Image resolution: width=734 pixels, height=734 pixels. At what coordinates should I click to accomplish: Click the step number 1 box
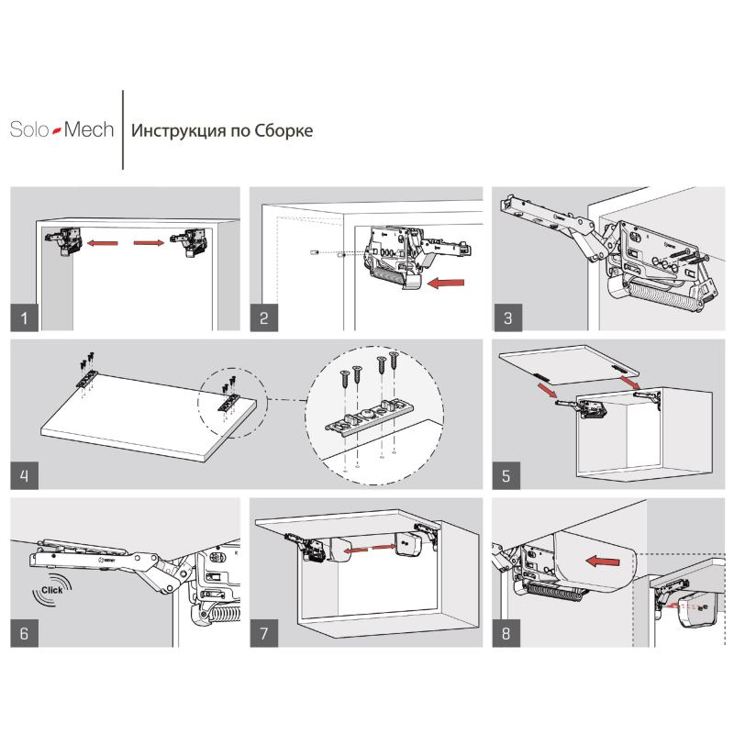(25, 317)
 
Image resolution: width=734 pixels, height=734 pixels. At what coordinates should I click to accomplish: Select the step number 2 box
(264, 317)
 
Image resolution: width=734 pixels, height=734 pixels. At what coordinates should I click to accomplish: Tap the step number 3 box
(508, 317)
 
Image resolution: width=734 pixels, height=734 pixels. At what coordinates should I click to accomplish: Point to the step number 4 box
(25, 475)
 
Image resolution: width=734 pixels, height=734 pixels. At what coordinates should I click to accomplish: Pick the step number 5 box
(506, 475)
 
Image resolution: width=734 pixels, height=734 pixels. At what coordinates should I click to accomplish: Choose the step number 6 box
(25, 633)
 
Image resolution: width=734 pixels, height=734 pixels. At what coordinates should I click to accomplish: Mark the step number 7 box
(264, 633)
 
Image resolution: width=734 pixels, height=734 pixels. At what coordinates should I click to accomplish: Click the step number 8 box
(506, 633)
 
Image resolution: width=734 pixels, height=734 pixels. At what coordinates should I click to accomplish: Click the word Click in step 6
(51, 590)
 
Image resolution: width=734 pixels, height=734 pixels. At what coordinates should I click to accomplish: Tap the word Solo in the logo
(29, 129)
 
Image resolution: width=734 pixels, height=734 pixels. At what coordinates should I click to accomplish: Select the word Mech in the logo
(89, 129)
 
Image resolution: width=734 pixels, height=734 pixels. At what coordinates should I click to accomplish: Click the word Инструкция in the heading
(178, 130)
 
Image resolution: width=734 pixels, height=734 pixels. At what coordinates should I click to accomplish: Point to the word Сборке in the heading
(284, 130)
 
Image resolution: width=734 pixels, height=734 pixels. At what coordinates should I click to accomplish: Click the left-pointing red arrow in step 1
(103, 243)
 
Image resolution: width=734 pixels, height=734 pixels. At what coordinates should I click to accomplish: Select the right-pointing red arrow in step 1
(149, 242)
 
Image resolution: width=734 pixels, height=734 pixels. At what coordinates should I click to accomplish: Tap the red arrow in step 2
(446, 283)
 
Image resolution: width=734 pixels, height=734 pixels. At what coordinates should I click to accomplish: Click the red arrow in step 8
(603, 561)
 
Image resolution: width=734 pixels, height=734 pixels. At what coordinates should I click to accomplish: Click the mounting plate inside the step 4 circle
(370, 416)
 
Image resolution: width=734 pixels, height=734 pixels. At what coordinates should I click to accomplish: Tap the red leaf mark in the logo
(57, 130)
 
